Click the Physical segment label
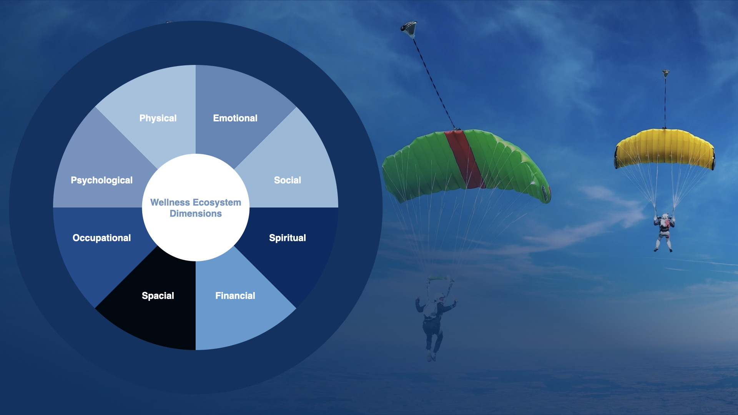[158, 118]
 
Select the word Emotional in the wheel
[235, 118]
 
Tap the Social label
[288, 180]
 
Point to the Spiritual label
[288, 238]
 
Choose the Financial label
[235, 296]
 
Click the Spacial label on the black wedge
[158, 296]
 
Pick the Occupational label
[102, 238]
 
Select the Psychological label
[102, 181]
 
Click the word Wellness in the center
[170, 203]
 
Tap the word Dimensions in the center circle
[196, 214]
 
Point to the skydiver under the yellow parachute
[664, 232]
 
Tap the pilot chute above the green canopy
[409, 29]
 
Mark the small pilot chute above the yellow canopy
[666, 73]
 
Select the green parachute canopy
[466, 165]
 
